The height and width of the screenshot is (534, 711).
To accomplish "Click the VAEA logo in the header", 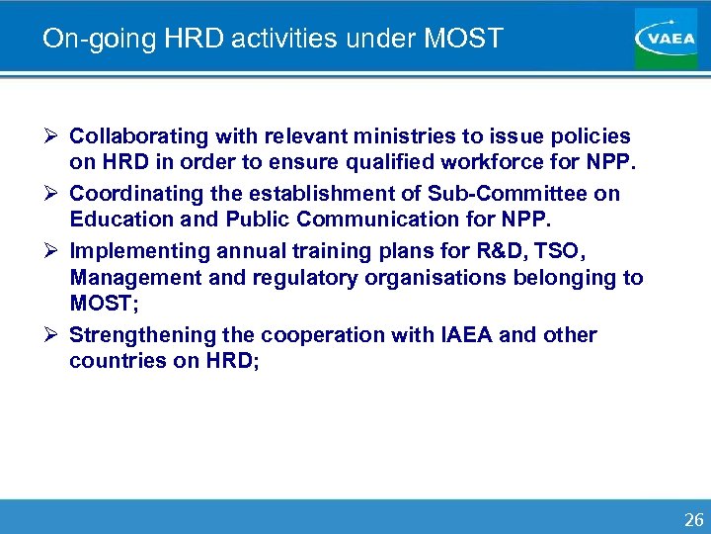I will pyautogui.click(x=667, y=39).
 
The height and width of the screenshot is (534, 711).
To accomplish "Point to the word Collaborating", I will pyautogui.click(x=137, y=135).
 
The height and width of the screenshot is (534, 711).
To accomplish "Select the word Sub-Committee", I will pyautogui.click(x=507, y=193).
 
